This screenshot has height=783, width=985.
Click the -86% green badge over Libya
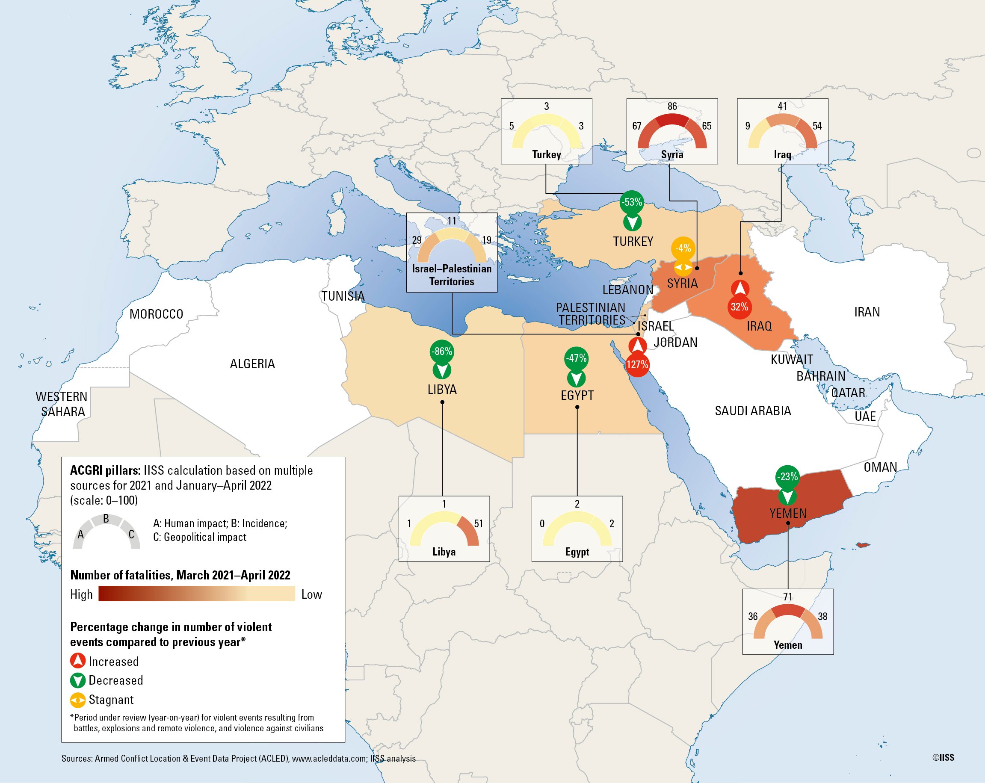(441, 351)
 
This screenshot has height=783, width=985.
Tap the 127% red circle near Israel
(637, 364)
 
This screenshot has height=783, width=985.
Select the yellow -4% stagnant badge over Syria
(683, 248)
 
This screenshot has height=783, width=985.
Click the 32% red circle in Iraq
(739, 307)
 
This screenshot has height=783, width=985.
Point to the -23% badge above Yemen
(787, 477)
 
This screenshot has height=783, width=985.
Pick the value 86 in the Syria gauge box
(672, 106)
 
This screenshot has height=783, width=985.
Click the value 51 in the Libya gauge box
(478, 523)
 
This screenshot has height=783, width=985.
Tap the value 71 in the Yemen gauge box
(788, 597)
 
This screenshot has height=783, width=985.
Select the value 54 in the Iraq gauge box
(817, 126)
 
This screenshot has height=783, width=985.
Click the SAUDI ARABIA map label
(752, 411)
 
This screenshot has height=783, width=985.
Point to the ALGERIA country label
(252, 363)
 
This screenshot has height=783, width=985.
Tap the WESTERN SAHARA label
(62, 404)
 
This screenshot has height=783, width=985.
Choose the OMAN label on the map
(880, 467)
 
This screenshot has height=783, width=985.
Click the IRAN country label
(867, 312)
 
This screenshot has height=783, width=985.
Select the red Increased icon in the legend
(78, 661)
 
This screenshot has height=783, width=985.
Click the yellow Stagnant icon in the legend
(78, 700)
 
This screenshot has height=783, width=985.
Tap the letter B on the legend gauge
(106, 518)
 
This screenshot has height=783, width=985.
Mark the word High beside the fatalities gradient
(81, 594)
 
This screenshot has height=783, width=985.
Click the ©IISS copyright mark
(943, 757)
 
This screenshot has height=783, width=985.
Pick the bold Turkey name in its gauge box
(547, 154)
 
